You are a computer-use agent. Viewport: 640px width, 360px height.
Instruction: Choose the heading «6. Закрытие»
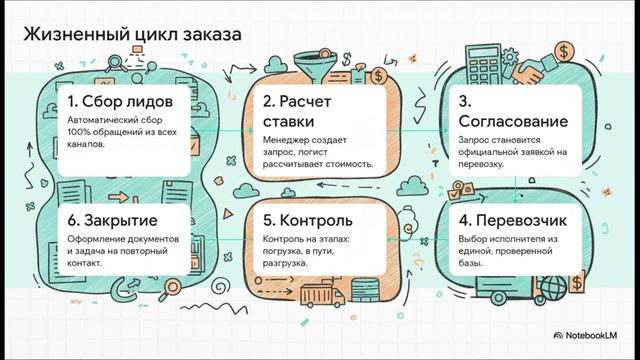coord(118,217)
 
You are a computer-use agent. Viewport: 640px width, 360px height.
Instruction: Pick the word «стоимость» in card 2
coord(346,163)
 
